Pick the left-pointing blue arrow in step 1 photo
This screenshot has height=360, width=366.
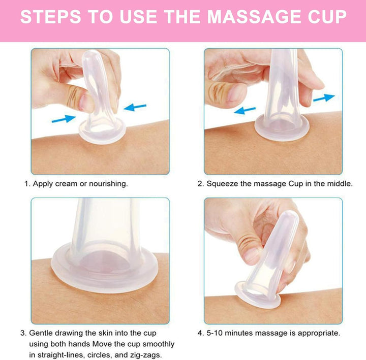click(x=135, y=107)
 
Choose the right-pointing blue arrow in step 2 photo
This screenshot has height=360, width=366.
click(x=324, y=97)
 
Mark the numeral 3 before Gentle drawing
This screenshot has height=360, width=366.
click(x=23, y=334)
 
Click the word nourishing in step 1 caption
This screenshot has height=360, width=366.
click(x=108, y=183)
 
